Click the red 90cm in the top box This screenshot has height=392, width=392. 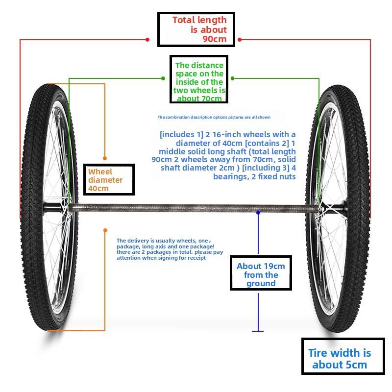(x=215, y=39)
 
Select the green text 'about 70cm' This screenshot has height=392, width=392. (x=199, y=98)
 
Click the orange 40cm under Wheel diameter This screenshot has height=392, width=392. (x=98, y=189)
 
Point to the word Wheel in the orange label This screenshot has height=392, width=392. (x=100, y=172)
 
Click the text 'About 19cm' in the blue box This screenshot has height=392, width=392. (x=261, y=266)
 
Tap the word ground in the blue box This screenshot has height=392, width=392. (x=261, y=284)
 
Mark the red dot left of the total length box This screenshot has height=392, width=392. (x=147, y=40)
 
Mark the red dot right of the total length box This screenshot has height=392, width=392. (x=240, y=40)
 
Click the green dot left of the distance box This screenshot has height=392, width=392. (x=163, y=78)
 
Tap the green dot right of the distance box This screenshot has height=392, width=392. (x=232, y=78)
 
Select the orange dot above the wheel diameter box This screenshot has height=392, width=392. (x=105, y=158)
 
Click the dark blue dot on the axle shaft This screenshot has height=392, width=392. (x=258, y=213)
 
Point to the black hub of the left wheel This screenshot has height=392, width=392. (x=52, y=207)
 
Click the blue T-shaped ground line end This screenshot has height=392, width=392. (x=258, y=331)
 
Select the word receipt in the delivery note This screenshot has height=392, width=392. (x=197, y=258)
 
